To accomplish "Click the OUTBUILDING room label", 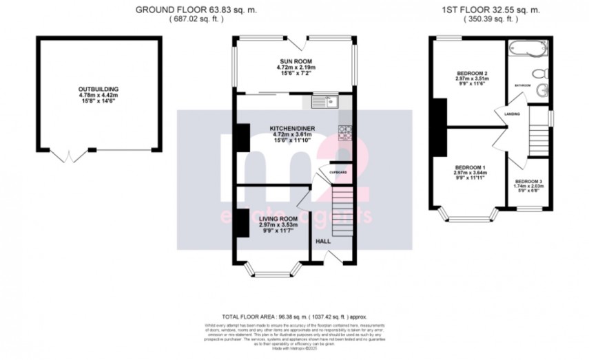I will tap(99, 89).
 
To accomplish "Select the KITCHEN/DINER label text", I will tap(296, 128).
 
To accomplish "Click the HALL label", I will tap(322, 242).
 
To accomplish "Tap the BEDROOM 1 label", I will tap(471, 168).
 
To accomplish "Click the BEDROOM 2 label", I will tap(472, 74).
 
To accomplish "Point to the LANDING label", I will tap(512, 114).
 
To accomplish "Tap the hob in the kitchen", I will tap(344, 131).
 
